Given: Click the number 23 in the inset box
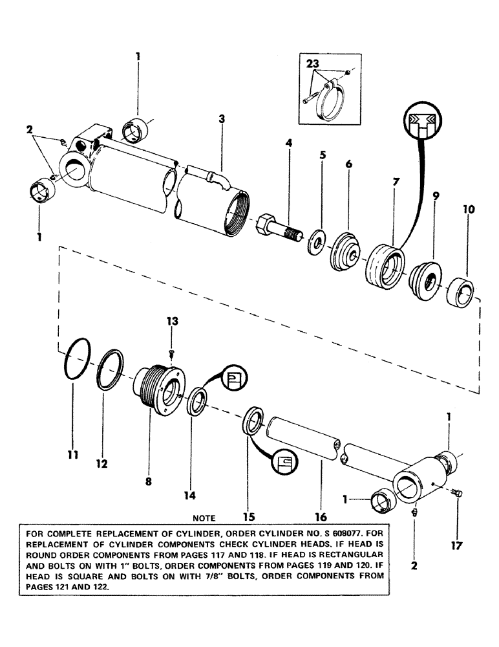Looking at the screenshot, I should point(313,65).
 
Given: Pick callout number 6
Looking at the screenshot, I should point(349,165).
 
